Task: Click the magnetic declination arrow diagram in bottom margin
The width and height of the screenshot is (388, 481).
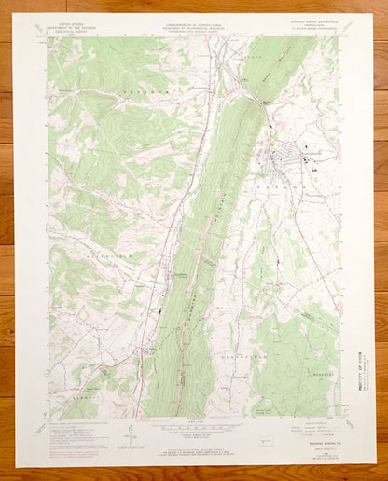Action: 133,435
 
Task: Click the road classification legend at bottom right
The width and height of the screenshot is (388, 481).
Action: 313,431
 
